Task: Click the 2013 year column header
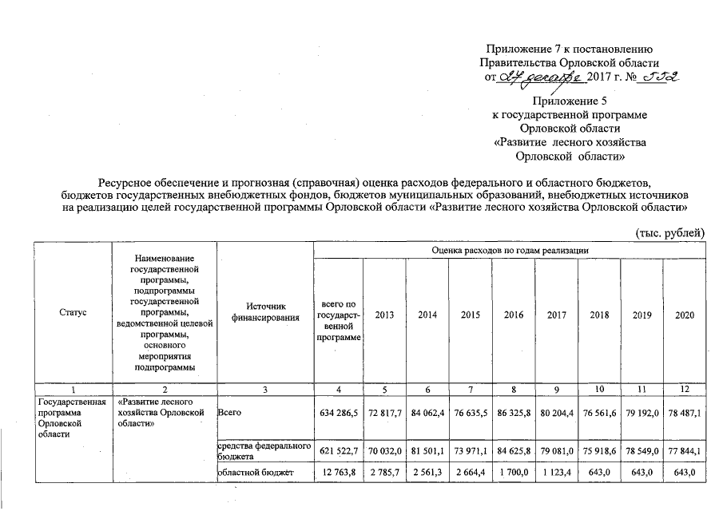(383, 315)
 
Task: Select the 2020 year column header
(685, 315)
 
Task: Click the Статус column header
(73, 315)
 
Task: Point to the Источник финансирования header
(267, 315)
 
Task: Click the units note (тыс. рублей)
(669, 232)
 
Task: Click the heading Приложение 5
(570, 101)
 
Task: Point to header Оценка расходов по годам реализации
(510, 250)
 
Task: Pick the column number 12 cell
(685, 388)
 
